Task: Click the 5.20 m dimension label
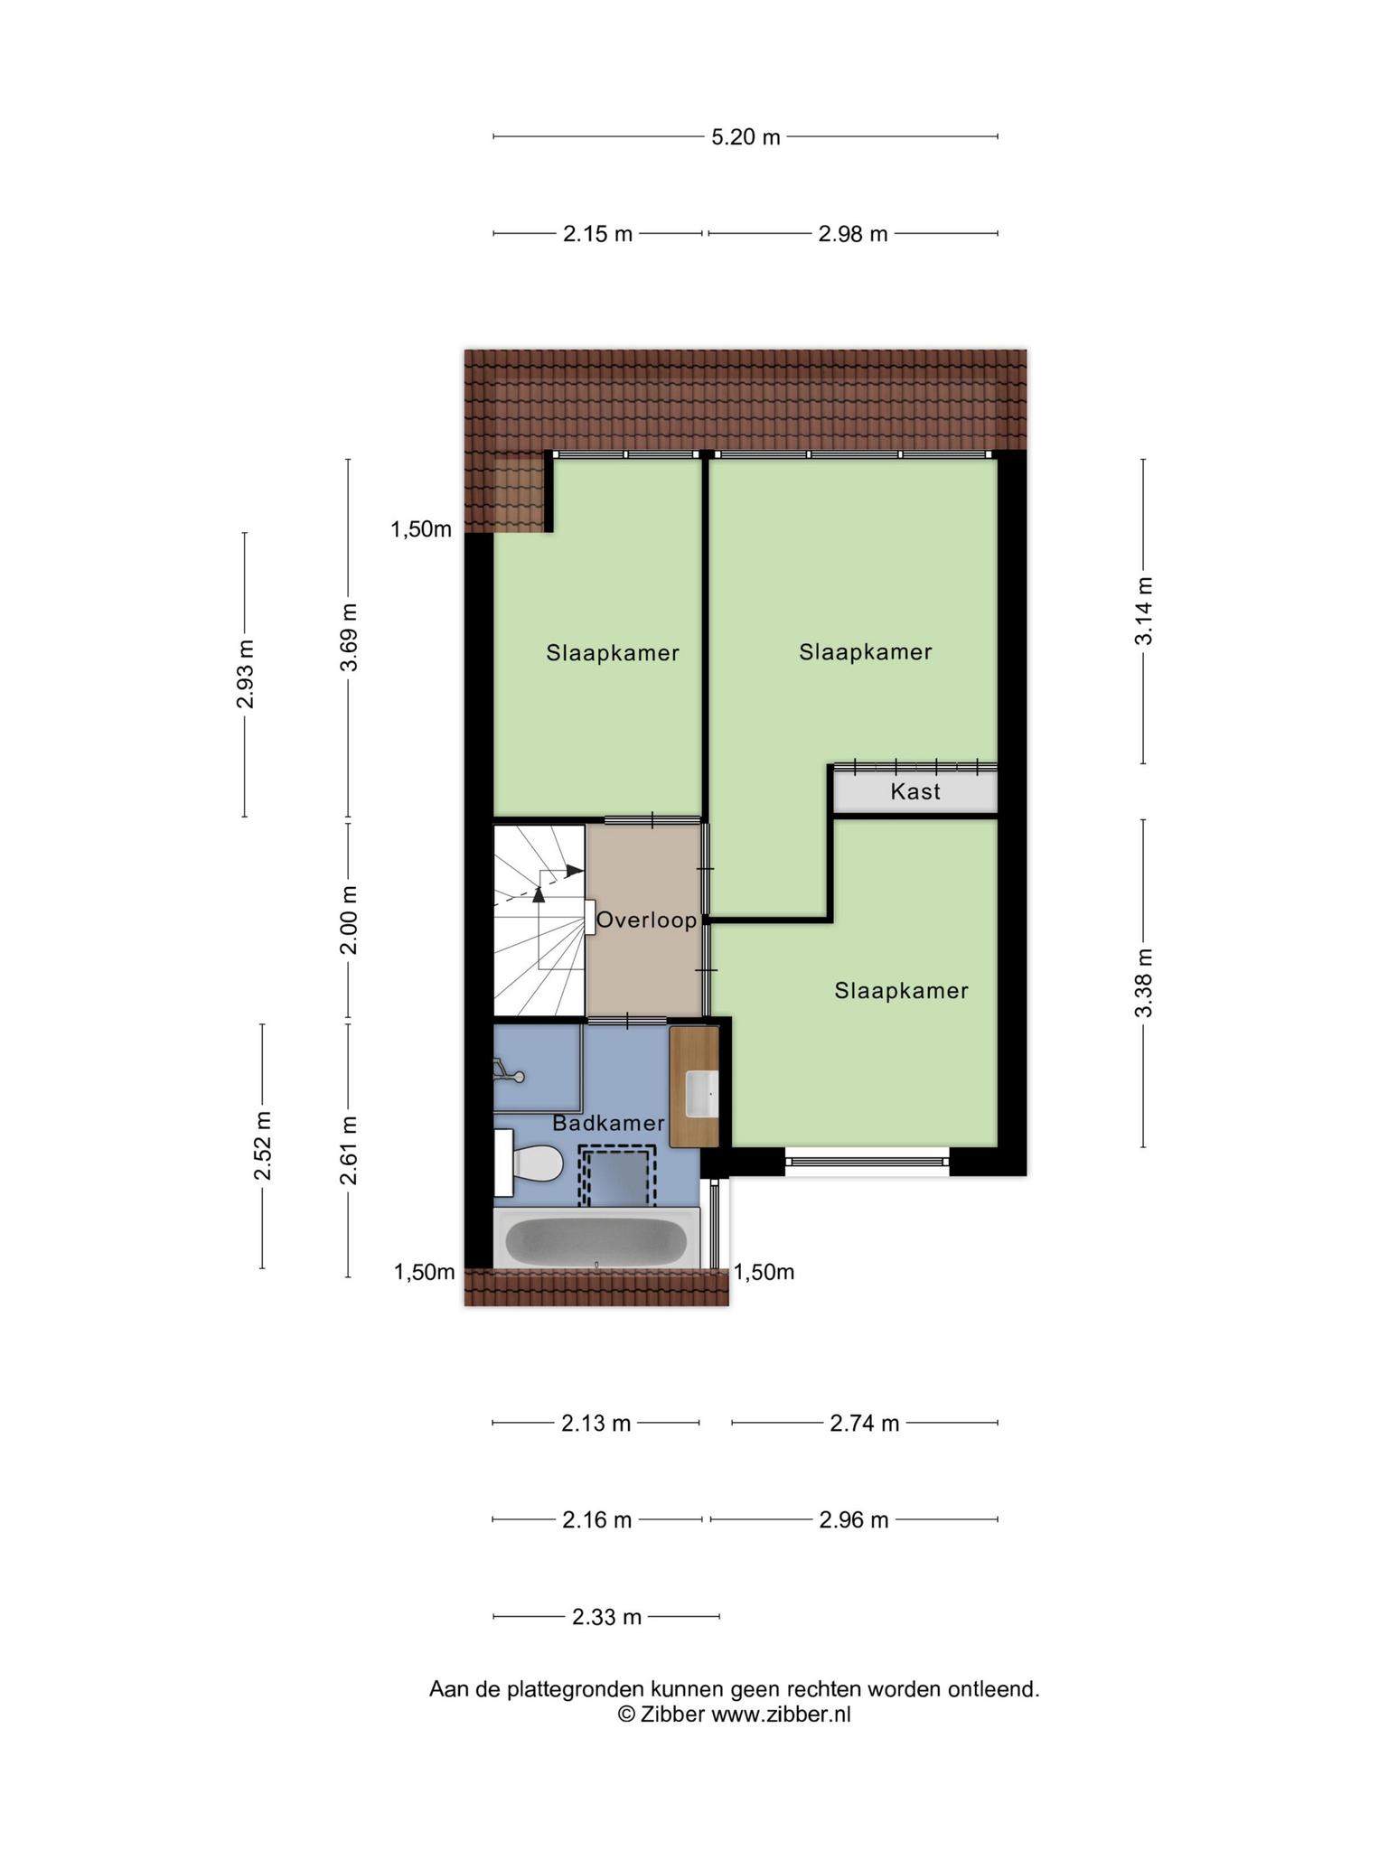746,137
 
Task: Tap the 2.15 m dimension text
597,234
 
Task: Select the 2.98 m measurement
853,234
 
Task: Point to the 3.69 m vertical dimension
349,638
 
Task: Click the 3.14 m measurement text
1144,612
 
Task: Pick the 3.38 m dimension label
1144,983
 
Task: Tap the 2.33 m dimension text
606,1617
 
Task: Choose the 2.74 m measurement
865,1424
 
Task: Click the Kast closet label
915,791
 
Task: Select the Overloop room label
647,920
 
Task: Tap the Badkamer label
609,1124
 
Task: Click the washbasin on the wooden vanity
702,1094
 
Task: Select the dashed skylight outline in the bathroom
617,1176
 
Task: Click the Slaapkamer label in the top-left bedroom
613,653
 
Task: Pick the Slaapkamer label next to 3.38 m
902,991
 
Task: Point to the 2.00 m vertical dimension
349,920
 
